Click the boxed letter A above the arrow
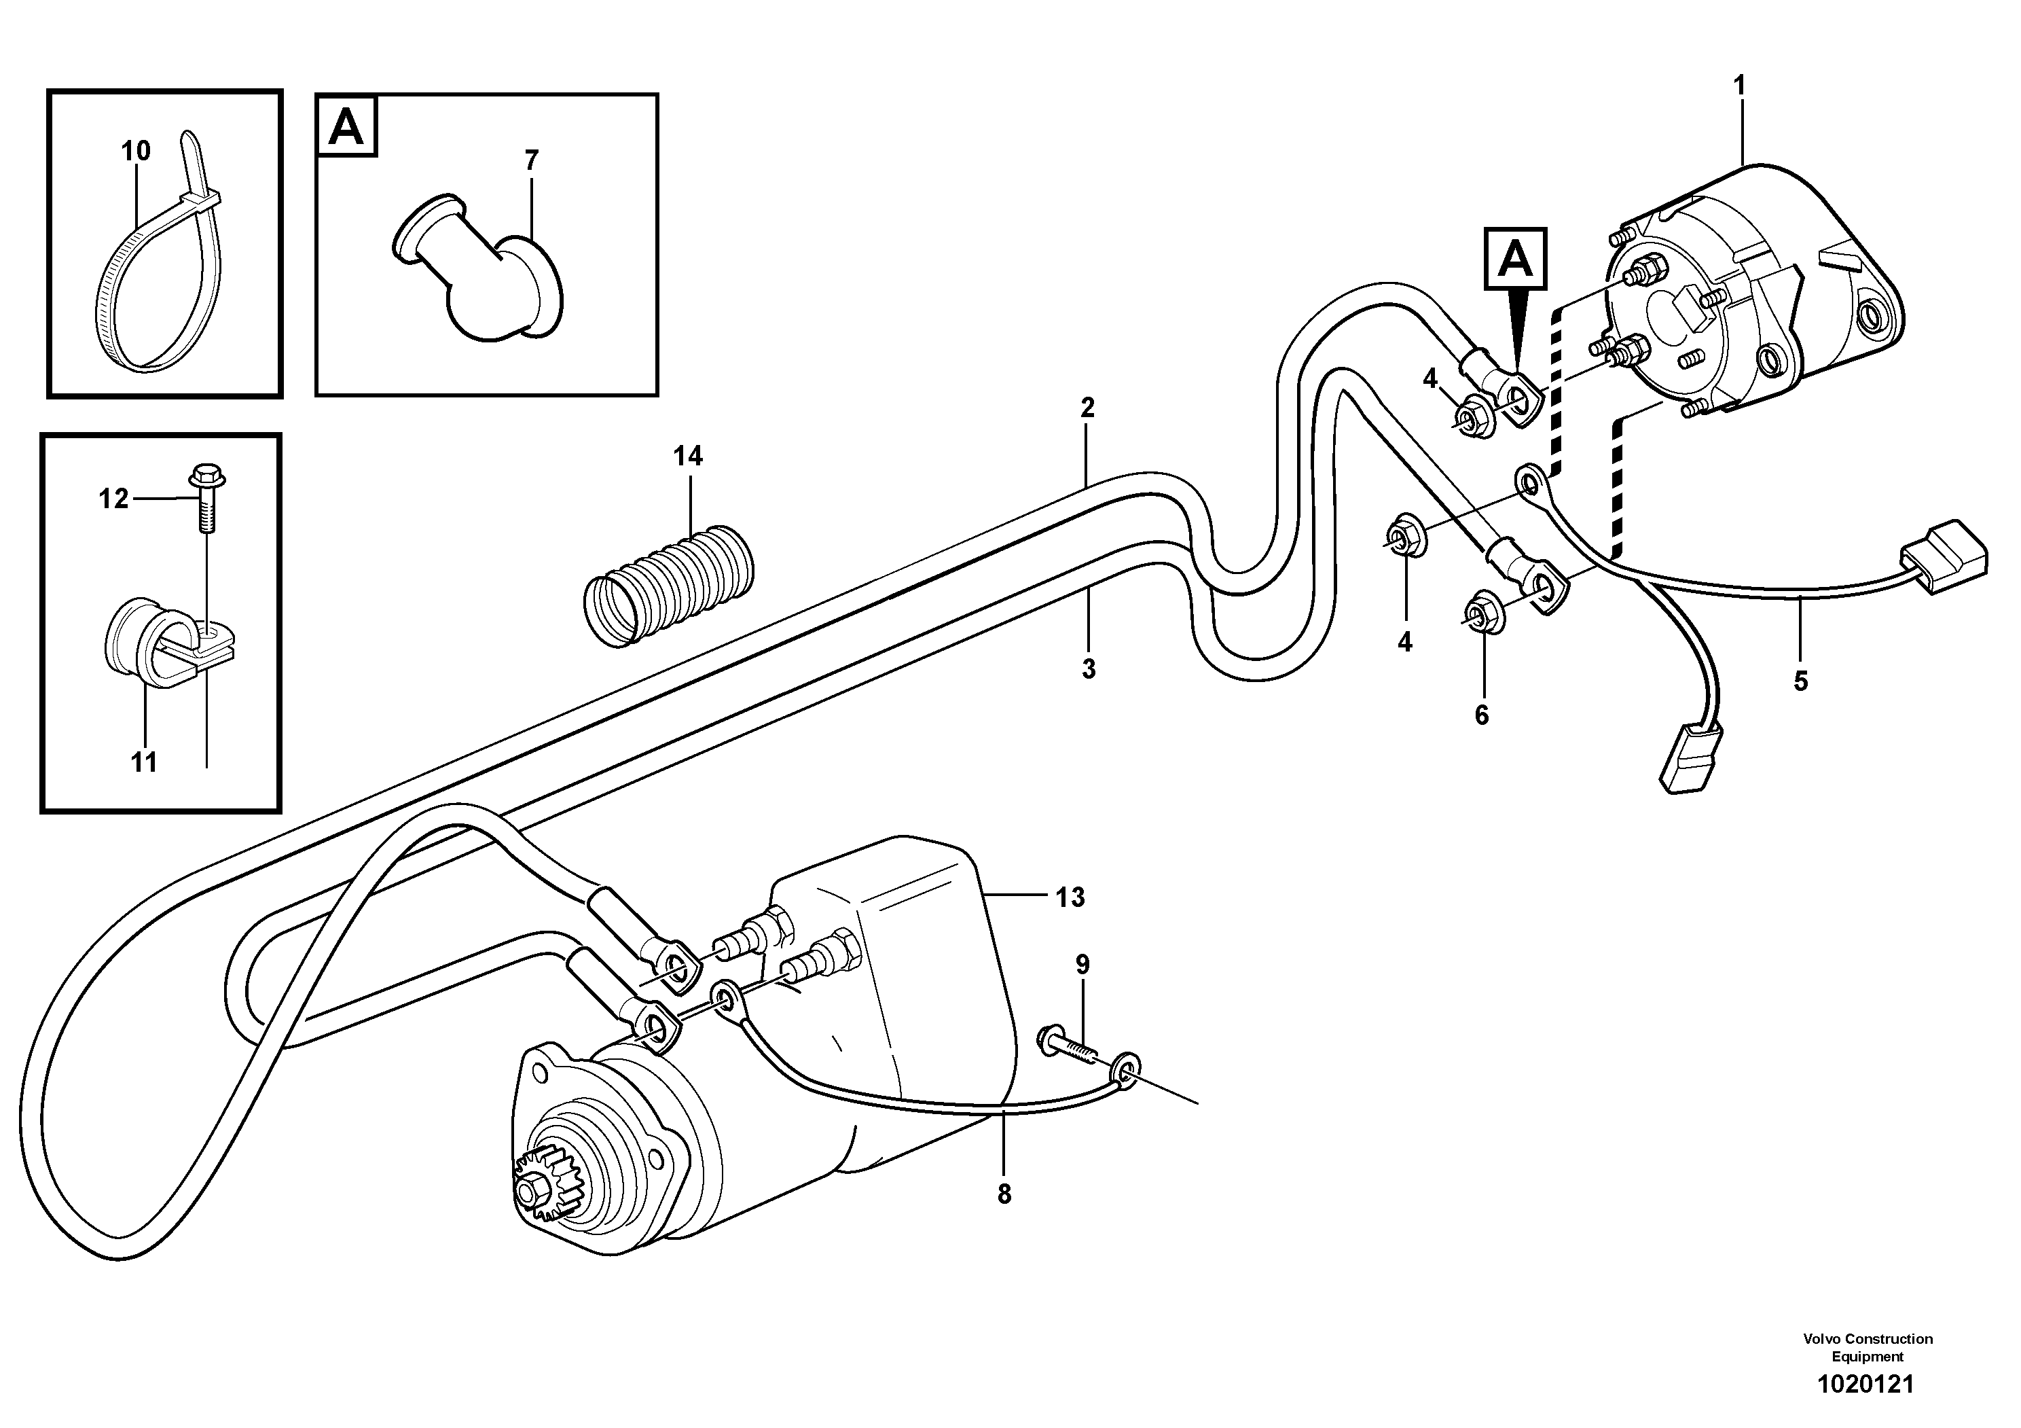pos(1515,259)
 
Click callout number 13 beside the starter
pos(1070,898)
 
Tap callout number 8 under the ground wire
pos(1004,1195)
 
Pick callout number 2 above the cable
pos(1087,408)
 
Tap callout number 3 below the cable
pos(1088,669)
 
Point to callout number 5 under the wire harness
pos(1800,681)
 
